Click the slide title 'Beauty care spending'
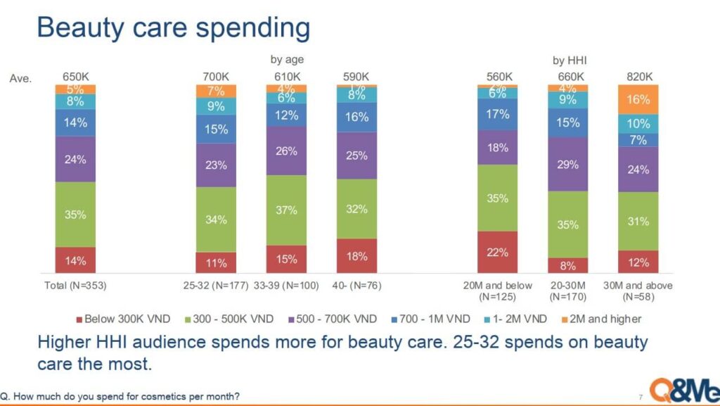[173, 28]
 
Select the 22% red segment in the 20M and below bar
[497, 252]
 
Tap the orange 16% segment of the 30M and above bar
[638, 99]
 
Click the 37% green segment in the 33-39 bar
[286, 210]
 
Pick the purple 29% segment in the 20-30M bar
[567, 164]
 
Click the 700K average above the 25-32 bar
[216, 77]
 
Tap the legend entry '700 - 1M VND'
[430, 319]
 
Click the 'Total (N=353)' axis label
[75, 286]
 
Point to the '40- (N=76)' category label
[356, 286]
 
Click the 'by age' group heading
[287, 60]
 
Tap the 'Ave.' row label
[21, 78]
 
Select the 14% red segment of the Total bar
[75, 260]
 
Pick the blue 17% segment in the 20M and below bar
[497, 114]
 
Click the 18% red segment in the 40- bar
[356, 256]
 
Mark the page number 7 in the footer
[640, 398]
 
